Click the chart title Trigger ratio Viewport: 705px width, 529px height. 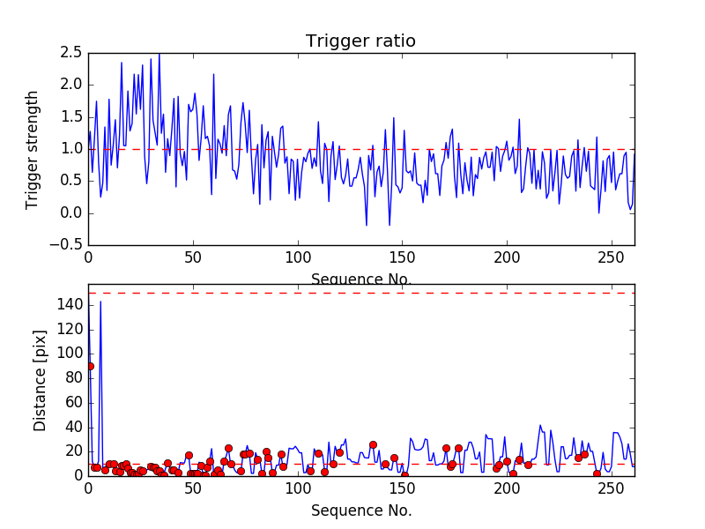(360, 41)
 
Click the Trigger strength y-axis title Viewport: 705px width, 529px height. (33, 149)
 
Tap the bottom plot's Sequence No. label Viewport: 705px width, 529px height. (361, 510)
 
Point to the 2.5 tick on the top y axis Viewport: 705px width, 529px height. (72, 53)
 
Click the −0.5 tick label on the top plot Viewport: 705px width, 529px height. (67, 245)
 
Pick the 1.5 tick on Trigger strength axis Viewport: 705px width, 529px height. (72, 117)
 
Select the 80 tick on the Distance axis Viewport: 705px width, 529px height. (74, 377)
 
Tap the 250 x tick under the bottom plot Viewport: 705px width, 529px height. (613, 489)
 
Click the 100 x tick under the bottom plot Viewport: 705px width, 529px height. (298, 489)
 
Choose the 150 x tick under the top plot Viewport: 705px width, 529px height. (403, 259)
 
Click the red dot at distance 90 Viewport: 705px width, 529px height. (90, 366)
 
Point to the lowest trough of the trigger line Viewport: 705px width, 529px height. (367, 226)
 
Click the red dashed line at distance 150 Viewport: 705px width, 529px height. (361, 293)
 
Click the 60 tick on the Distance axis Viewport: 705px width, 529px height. (74, 402)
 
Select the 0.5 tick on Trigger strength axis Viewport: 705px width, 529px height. (72, 181)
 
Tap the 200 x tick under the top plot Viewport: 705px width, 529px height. (508, 259)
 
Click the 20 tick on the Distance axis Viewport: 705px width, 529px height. (74, 451)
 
